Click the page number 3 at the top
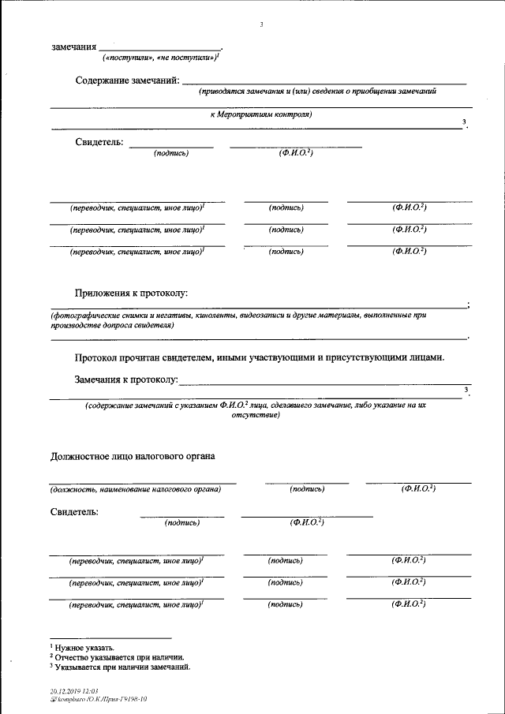[x=261, y=24]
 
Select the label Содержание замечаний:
[x=128, y=80]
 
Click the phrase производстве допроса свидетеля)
[x=111, y=325]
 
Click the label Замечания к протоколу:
[x=126, y=379]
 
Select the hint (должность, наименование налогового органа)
[x=135, y=489]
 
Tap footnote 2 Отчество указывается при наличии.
[x=119, y=656]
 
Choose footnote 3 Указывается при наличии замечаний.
[x=122, y=667]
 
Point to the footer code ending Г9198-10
[x=99, y=699]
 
